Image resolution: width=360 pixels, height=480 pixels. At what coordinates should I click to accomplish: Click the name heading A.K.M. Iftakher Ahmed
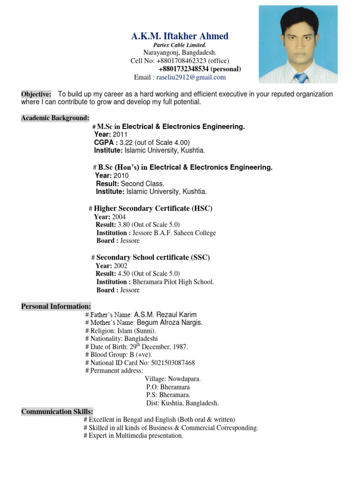point(180,36)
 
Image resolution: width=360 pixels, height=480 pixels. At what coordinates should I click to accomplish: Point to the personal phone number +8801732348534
point(184,69)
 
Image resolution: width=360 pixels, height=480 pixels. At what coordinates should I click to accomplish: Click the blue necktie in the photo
point(301,77)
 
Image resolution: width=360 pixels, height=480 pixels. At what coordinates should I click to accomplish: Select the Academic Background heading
point(55,118)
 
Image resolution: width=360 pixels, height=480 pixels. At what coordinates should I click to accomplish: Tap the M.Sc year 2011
point(120,135)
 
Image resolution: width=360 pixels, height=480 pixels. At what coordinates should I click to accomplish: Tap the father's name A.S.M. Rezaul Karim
point(165,315)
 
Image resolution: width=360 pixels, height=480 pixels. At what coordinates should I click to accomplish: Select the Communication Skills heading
point(57,412)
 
